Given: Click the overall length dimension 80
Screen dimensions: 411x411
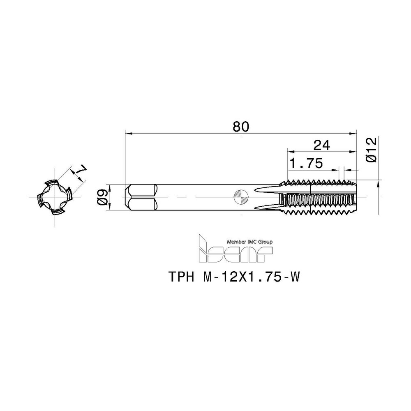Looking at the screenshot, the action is (x=241, y=127).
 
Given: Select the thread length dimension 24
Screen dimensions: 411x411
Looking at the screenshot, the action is (x=322, y=145).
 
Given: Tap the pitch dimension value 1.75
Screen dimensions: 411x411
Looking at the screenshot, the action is (x=306, y=163).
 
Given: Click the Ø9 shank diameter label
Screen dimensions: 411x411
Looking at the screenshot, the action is (x=103, y=197).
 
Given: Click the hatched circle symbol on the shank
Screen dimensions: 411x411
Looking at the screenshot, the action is (x=241, y=197).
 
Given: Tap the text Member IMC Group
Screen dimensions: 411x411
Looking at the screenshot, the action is (x=249, y=242).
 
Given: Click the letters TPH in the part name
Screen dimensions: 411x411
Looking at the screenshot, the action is (x=181, y=277).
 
